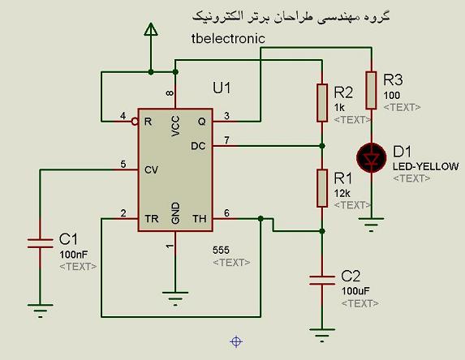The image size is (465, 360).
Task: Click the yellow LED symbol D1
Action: [372, 158]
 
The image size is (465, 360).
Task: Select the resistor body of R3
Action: [372, 90]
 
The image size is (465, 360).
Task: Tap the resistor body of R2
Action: [322, 103]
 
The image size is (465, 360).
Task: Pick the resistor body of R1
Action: [322, 188]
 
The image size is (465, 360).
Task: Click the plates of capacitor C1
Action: [41, 243]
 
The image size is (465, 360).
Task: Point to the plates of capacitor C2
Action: [322, 280]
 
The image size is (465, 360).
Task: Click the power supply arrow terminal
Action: [151, 30]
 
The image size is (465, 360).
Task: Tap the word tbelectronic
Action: [228, 39]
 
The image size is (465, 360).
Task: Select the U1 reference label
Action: [222, 88]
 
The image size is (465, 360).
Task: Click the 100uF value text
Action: [355, 291]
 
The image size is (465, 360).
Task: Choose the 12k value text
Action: [342, 194]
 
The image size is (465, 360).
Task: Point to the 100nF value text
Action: [74, 255]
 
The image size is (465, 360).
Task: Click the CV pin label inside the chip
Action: [151, 170]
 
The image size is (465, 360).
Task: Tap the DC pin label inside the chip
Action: [198, 146]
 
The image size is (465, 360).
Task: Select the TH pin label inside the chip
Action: [200, 219]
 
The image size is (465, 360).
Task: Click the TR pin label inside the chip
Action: [152, 219]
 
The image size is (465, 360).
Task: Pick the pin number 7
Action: [227, 139]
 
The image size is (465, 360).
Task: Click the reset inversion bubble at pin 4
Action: [135, 122]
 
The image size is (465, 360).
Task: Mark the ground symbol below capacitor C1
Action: [41, 311]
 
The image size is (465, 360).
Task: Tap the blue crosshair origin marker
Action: [236, 341]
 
